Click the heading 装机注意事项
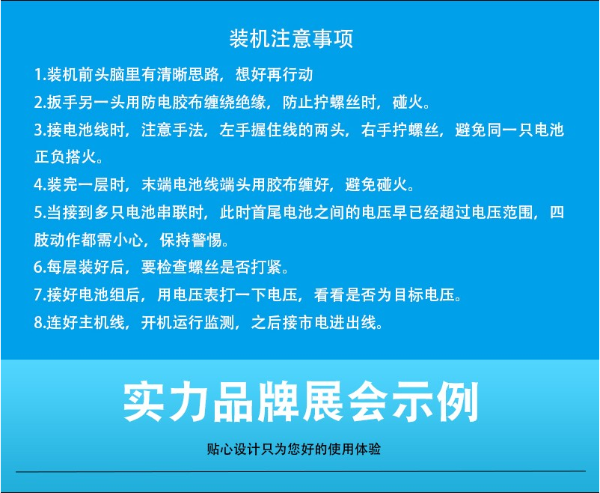[291, 38]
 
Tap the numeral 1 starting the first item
[38, 74]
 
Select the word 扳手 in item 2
[63, 103]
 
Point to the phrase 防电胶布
[173, 103]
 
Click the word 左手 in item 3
[236, 130]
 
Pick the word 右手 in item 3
[376, 130]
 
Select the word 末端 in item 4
[157, 185]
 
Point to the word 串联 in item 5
[173, 212]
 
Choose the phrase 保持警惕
[191, 240]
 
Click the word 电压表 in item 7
[196, 294]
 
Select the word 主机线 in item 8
[102, 322]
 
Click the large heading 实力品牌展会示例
[301, 402]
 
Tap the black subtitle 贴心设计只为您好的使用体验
[294, 449]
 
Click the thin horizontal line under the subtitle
[301, 471]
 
